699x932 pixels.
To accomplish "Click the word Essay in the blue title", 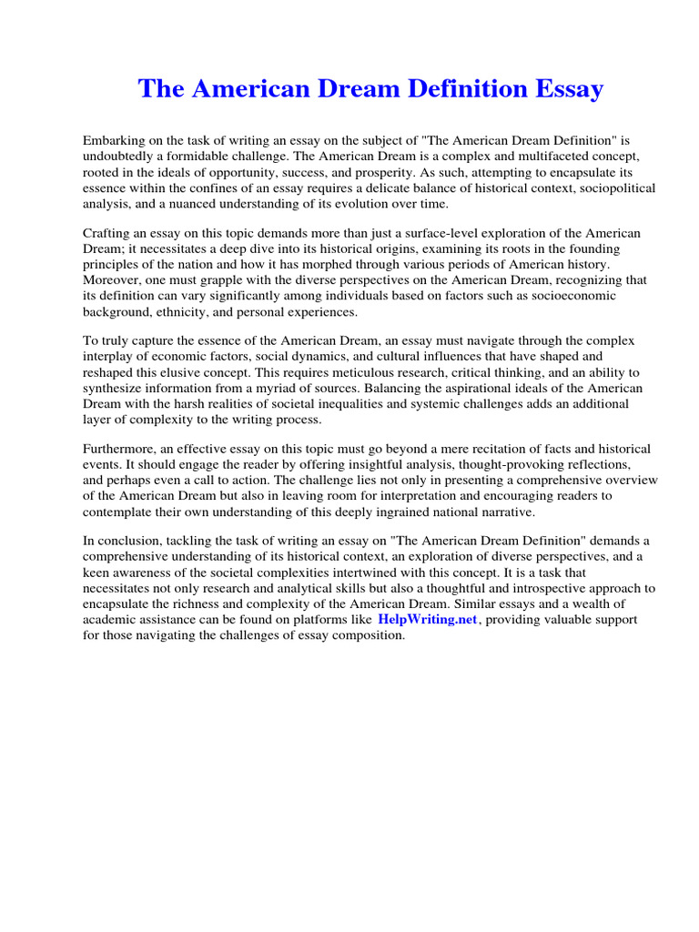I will pyautogui.click(x=566, y=89).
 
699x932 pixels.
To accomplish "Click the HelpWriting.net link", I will pyautogui.click(x=427, y=620).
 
